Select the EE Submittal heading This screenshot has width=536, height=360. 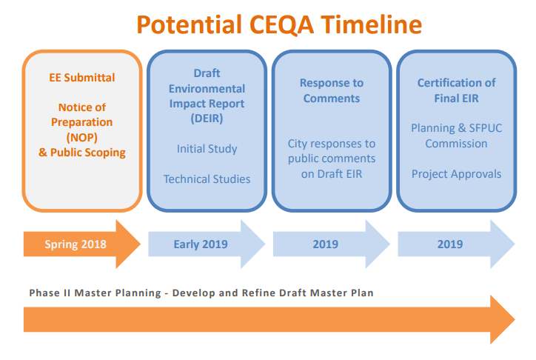pos(82,77)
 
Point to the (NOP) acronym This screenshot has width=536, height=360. pos(82,137)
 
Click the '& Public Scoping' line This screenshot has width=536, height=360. pos(82,153)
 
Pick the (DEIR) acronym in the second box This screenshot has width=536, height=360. pos(207,118)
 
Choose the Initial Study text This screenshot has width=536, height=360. pos(207,149)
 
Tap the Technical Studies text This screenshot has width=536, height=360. pos(207,179)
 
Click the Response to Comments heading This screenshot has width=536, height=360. pos(331,90)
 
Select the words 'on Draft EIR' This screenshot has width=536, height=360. pos(331,173)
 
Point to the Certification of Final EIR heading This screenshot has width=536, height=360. pos(456,90)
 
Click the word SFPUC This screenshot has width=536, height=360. pos(482,128)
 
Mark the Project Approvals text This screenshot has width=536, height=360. pos(456,174)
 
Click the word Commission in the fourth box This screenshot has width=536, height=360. pos(456,144)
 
